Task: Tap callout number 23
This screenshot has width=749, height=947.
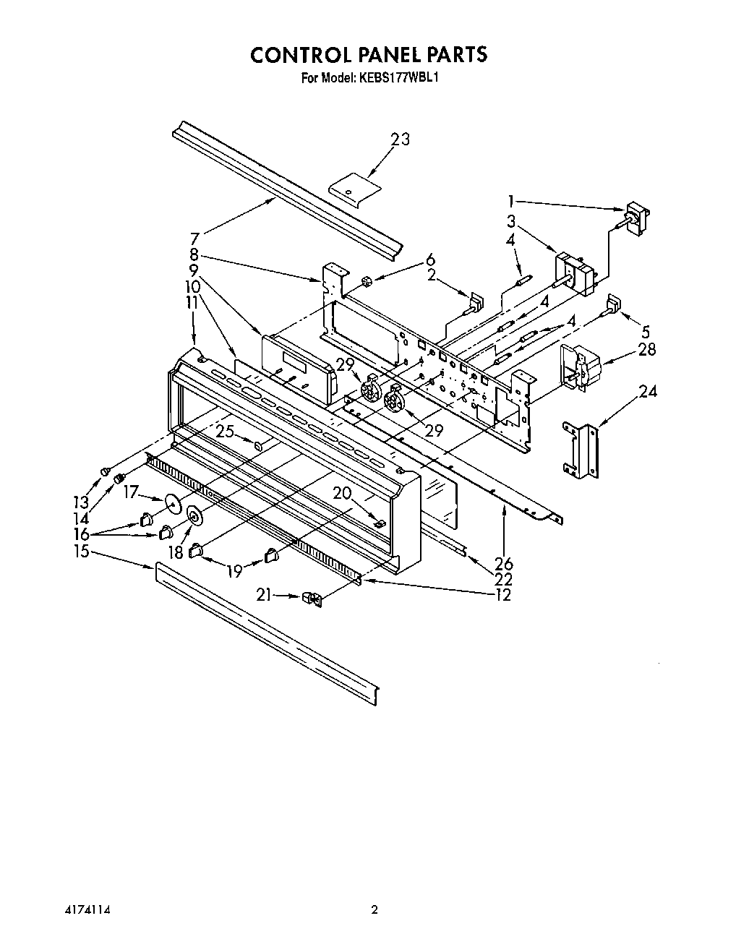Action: [x=400, y=139]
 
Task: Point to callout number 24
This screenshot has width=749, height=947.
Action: [x=648, y=393]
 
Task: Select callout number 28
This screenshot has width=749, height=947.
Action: [x=646, y=350]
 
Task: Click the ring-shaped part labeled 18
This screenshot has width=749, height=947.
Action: [x=194, y=515]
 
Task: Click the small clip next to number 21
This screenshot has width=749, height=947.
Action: [x=312, y=598]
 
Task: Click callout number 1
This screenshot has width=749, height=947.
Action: [x=511, y=201]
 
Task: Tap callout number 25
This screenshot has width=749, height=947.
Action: [x=225, y=432]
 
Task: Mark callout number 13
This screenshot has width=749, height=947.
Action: [x=82, y=501]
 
